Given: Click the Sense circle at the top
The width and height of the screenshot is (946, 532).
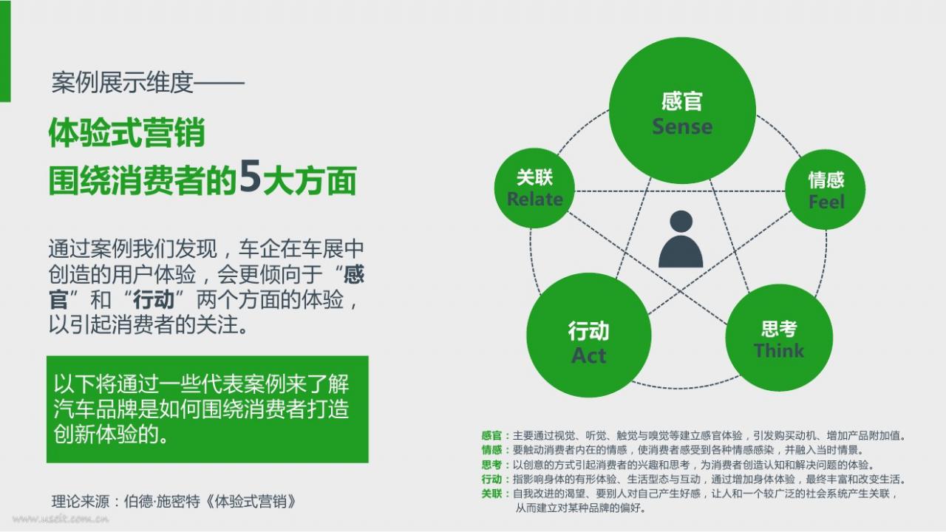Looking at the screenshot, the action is click(x=682, y=111).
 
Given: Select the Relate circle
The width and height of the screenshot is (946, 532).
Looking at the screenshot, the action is click(x=534, y=188).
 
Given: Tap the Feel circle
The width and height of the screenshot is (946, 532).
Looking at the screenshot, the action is click(x=826, y=190).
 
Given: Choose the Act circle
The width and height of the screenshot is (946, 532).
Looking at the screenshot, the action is click(x=589, y=335).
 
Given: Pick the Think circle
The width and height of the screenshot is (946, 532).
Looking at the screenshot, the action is click(x=779, y=338).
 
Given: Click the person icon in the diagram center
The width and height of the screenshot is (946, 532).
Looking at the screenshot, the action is click(x=681, y=239).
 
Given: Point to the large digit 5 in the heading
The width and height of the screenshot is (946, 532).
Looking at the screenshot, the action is click(x=250, y=177).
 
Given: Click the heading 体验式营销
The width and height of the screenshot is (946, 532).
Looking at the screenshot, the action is click(x=127, y=132).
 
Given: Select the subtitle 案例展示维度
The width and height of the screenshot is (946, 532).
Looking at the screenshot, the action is click(x=123, y=82).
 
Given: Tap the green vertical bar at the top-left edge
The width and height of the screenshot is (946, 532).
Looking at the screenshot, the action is click(x=5, y=51).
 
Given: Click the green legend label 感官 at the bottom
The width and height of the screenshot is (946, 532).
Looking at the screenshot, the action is click(x=491, y=435).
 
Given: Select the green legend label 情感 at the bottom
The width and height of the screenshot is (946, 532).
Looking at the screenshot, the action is click(x=491, y=450).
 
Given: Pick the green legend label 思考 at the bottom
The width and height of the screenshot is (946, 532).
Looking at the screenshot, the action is click(x=491, y=465).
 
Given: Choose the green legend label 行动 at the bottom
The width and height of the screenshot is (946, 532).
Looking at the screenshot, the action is click(x=491, y=480).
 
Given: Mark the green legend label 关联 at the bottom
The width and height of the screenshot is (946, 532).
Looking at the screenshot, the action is click(x=491, y=494).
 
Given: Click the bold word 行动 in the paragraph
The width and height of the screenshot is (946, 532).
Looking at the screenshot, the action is click(x=154, y=300).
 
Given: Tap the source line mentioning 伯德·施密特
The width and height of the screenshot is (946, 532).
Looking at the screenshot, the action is click(x=174, y=502).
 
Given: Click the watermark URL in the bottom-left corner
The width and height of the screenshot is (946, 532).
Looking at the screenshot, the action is click(x=61, y=519).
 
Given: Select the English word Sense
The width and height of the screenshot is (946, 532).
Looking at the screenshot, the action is click(x=682, y=126).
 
